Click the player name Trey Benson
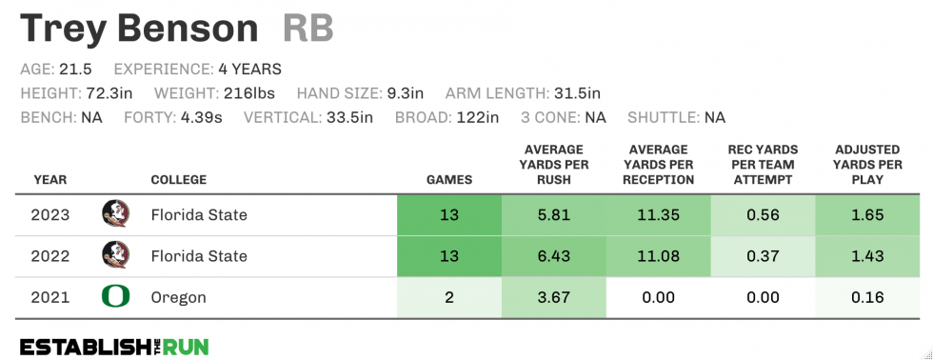point(139,28)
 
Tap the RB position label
point(308,28)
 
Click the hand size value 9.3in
point(404,93)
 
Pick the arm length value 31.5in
point(577,93)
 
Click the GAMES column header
point(448,180)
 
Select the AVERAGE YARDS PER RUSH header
point(554,165)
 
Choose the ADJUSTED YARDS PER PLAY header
point(868,165)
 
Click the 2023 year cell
point(50,214)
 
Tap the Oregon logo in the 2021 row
point(115,297)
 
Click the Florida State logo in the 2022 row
point(115,255)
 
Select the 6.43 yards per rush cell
point(553,256)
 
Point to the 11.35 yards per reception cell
point(658,214)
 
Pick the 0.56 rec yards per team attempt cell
point(763,214)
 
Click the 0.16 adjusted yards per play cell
point(868,298)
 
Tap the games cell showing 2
point(448,298)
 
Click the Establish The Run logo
point(114,346)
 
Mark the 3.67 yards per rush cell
point(553,298)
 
